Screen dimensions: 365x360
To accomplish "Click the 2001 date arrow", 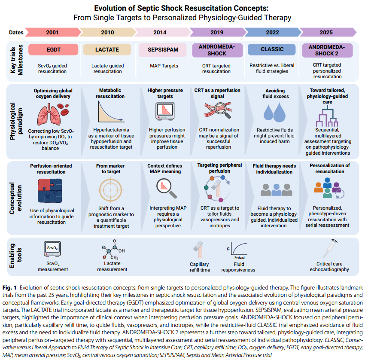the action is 52,32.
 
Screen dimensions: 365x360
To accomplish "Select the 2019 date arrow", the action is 217,32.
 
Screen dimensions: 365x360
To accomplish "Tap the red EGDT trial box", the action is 53,49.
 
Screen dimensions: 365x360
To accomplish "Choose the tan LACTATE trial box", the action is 107,49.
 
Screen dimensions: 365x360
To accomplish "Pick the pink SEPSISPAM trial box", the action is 163,50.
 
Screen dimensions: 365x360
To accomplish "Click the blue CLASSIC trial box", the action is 272,49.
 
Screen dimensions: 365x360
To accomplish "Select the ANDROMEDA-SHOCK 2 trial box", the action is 327,50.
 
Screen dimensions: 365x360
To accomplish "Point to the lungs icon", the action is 49,115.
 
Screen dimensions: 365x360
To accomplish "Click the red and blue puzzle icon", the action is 50,191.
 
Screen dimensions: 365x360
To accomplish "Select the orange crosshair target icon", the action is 110,190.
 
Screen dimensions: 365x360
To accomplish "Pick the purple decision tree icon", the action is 327,116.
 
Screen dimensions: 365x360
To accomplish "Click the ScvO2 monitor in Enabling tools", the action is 52,249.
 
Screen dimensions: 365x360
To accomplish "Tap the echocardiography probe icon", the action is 330,249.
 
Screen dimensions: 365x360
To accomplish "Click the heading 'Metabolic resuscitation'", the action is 110,93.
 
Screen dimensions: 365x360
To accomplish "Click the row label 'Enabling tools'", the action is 15,256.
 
